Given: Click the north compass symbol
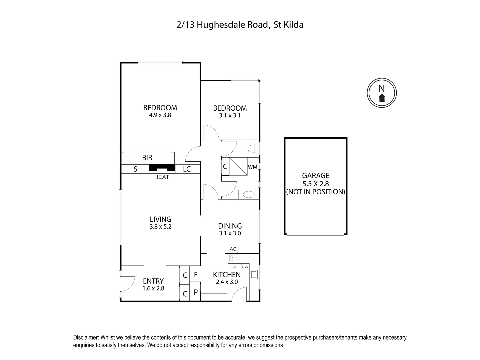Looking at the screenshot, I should click(382, 93).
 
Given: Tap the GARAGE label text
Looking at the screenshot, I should click(315, 175).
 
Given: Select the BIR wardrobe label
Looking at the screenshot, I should click(147, 158).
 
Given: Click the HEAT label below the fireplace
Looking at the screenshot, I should click(161, 177).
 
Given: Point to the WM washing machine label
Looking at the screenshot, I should click(253, 167).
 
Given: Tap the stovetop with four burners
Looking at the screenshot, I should click(234, 258).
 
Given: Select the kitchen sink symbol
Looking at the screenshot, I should click(254, 275).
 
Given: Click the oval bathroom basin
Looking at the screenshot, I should click(248, 194).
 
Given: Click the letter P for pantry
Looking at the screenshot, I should click(196, 292).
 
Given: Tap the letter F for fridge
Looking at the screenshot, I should click(196, 275).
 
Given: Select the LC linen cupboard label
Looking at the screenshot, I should click(187, 169).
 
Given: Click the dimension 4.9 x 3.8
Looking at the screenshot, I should click(160, 115).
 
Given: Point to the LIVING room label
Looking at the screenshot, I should click(160, 219).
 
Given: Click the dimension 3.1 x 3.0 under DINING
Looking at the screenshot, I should click(230, 233).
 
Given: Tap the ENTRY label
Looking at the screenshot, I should click(153, 281).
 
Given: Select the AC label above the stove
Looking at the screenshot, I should click(233, 249).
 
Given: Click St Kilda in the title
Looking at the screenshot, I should click(288, 25).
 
